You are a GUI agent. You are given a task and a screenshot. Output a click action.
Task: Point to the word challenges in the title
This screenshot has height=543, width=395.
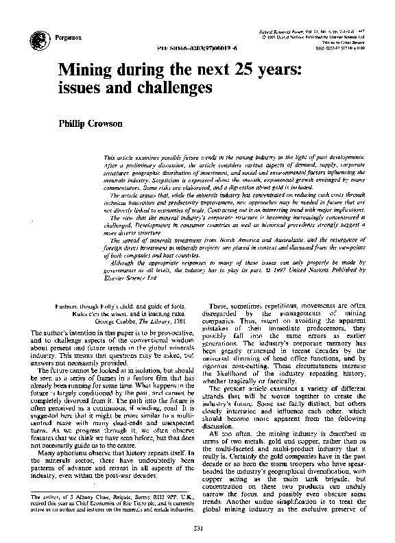coord(169,88)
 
